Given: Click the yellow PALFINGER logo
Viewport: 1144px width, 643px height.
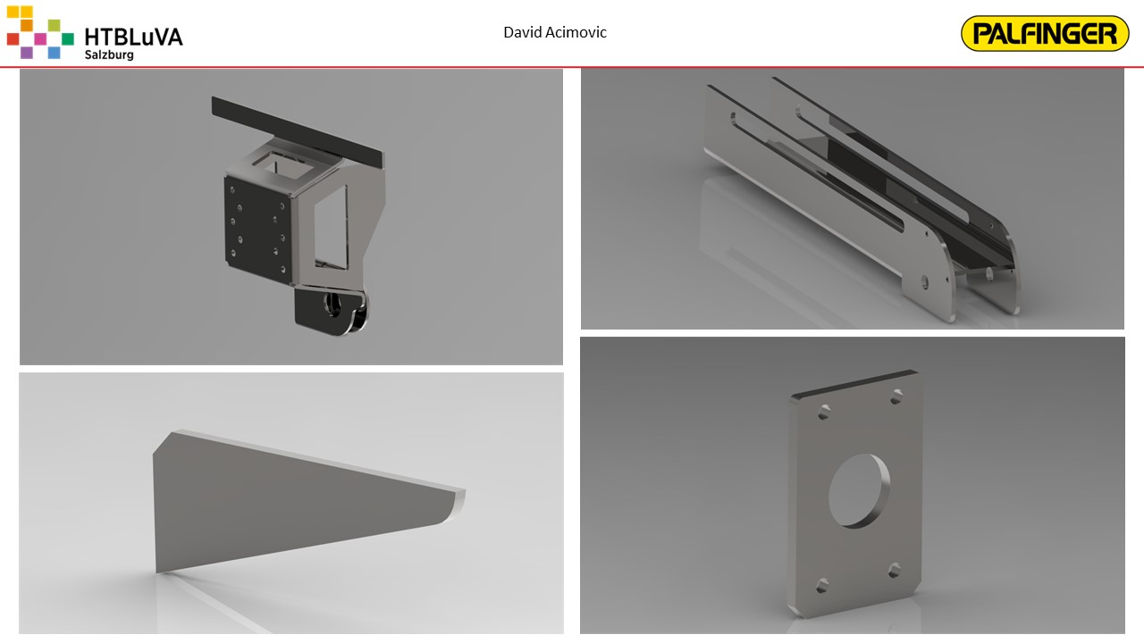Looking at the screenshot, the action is coord(1045,34).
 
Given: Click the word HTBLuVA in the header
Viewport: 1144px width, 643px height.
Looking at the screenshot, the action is coord(133,38).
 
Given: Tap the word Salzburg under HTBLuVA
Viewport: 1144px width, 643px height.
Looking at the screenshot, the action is coord(109,54).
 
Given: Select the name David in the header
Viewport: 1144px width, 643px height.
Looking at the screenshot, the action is coord(523,32).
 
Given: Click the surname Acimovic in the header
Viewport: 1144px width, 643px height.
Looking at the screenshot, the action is coord(576,32).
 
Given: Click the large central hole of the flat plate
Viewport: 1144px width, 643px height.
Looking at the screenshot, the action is coord(859,491).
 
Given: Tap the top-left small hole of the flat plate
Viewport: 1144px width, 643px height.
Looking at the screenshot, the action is coord(824,413).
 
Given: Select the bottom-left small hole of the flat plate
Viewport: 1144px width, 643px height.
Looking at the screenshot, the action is coord(821,586).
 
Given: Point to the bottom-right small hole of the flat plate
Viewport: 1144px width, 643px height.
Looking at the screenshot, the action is coord(894,571).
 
